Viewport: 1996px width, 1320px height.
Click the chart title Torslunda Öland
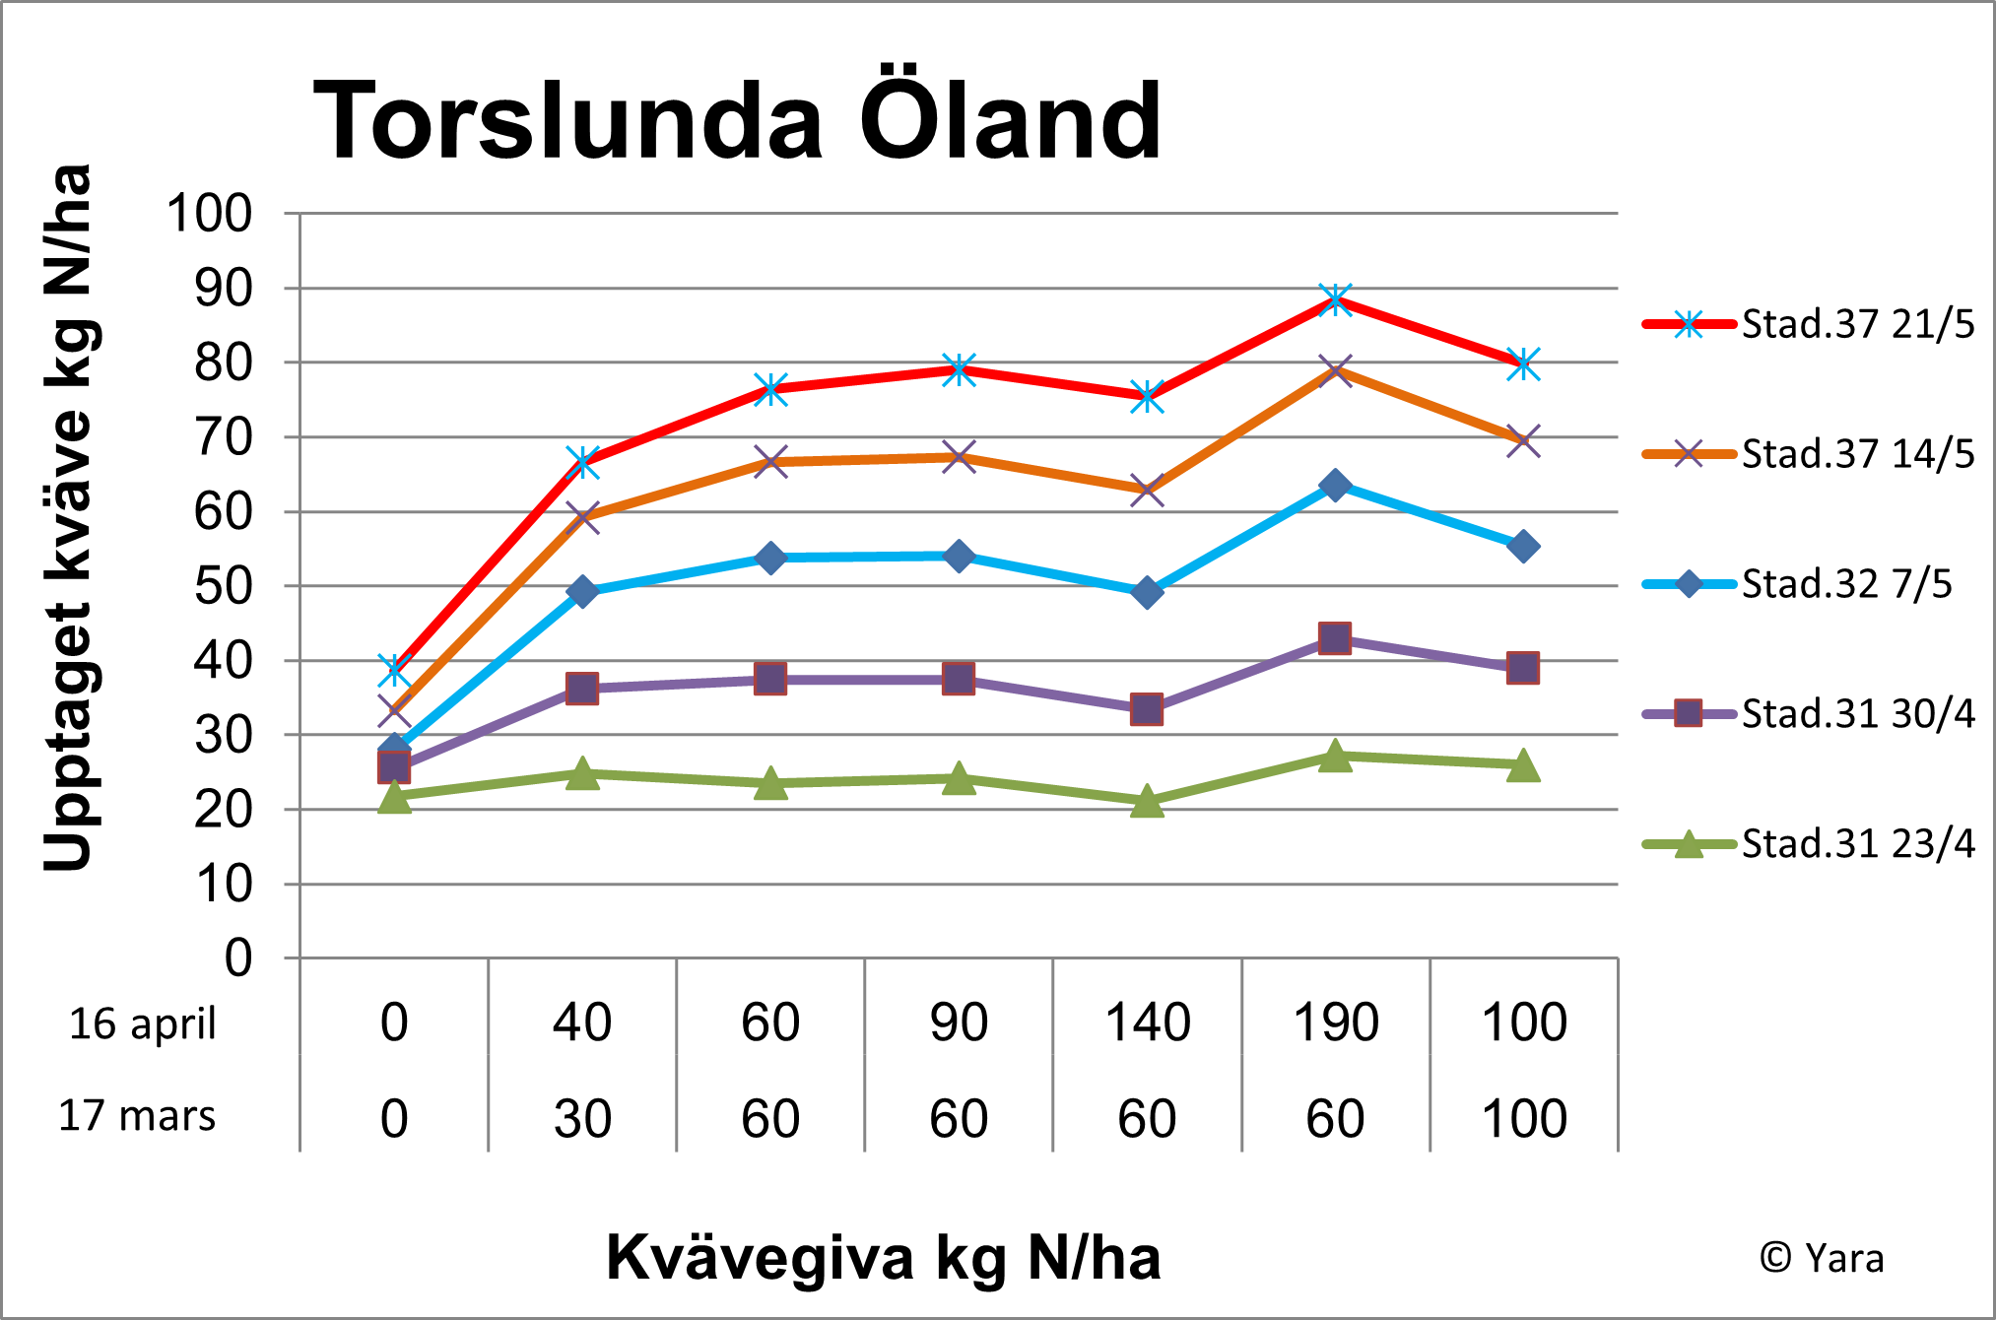tap(737, 120)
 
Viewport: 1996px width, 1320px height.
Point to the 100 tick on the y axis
tap(210, 214)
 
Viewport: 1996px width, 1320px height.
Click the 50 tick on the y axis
tap(223, 586)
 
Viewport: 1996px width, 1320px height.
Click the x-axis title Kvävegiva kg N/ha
tap(883, 1258)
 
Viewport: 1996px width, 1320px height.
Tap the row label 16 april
tap(142, 1023)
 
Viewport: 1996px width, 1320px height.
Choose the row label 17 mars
tap(137, 1116)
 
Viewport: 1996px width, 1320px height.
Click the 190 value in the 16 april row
tap(1335, 1023)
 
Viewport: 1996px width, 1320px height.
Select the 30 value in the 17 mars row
tap(582, 1119)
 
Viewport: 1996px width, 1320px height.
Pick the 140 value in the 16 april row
tap(1147, 1023)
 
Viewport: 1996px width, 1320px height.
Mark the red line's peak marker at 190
tap(1335, 298)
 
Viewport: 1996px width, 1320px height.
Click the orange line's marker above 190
tap(1335, 371)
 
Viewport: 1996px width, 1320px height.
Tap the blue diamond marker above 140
tap(1147, 592)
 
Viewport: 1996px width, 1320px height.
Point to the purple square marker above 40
tap(582, 688)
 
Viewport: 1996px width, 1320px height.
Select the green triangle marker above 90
tap(959, 779)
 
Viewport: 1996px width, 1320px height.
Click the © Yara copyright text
tap(1822, 1258)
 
